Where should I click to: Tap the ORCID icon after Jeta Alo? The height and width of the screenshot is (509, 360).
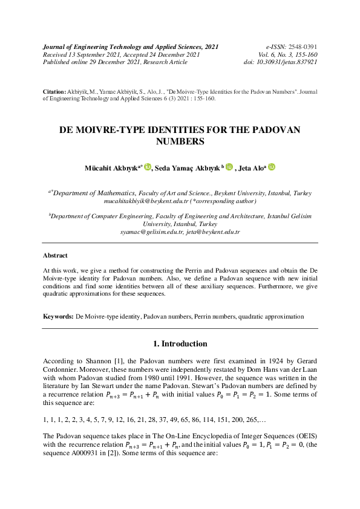272,166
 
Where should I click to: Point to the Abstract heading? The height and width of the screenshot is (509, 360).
55,256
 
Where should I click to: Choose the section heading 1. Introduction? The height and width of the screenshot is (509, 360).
180,344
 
